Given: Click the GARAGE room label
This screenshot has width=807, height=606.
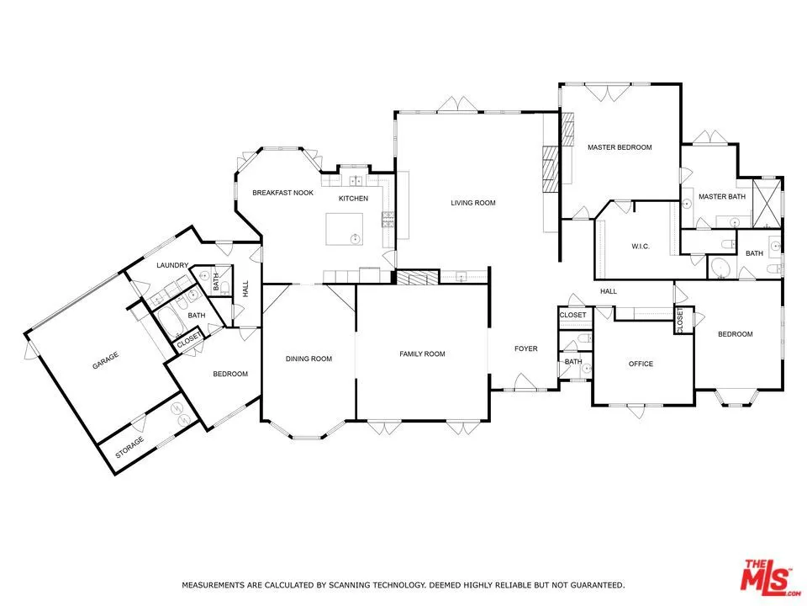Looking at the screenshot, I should point(105,356).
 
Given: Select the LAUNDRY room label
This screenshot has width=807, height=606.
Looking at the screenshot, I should point(172,266).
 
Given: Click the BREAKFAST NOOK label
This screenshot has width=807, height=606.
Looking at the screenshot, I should point(283,193).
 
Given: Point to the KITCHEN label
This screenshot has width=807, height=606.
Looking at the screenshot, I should point(353,199).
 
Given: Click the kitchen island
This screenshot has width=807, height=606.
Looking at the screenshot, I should point(345,228).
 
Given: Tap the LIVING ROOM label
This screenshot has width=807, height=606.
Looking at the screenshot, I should point(473,203).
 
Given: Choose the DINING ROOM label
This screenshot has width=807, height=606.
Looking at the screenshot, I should point(309,359).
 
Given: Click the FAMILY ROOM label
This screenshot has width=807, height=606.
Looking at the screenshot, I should point(422,354).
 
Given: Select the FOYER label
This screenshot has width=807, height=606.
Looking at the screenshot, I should point(526,349).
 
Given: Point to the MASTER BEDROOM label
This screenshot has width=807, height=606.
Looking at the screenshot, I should point(620,147).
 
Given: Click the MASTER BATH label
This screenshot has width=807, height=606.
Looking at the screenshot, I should point(722,197).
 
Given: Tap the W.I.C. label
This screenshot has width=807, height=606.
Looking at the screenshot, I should point(642,247).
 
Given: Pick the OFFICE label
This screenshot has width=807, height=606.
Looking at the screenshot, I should point(641,364).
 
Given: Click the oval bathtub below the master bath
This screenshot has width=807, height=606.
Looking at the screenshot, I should point(720,268).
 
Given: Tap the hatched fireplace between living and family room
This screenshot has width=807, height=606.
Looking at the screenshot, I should point(418,278).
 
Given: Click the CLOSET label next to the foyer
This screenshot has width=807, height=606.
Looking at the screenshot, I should point(572,315).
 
